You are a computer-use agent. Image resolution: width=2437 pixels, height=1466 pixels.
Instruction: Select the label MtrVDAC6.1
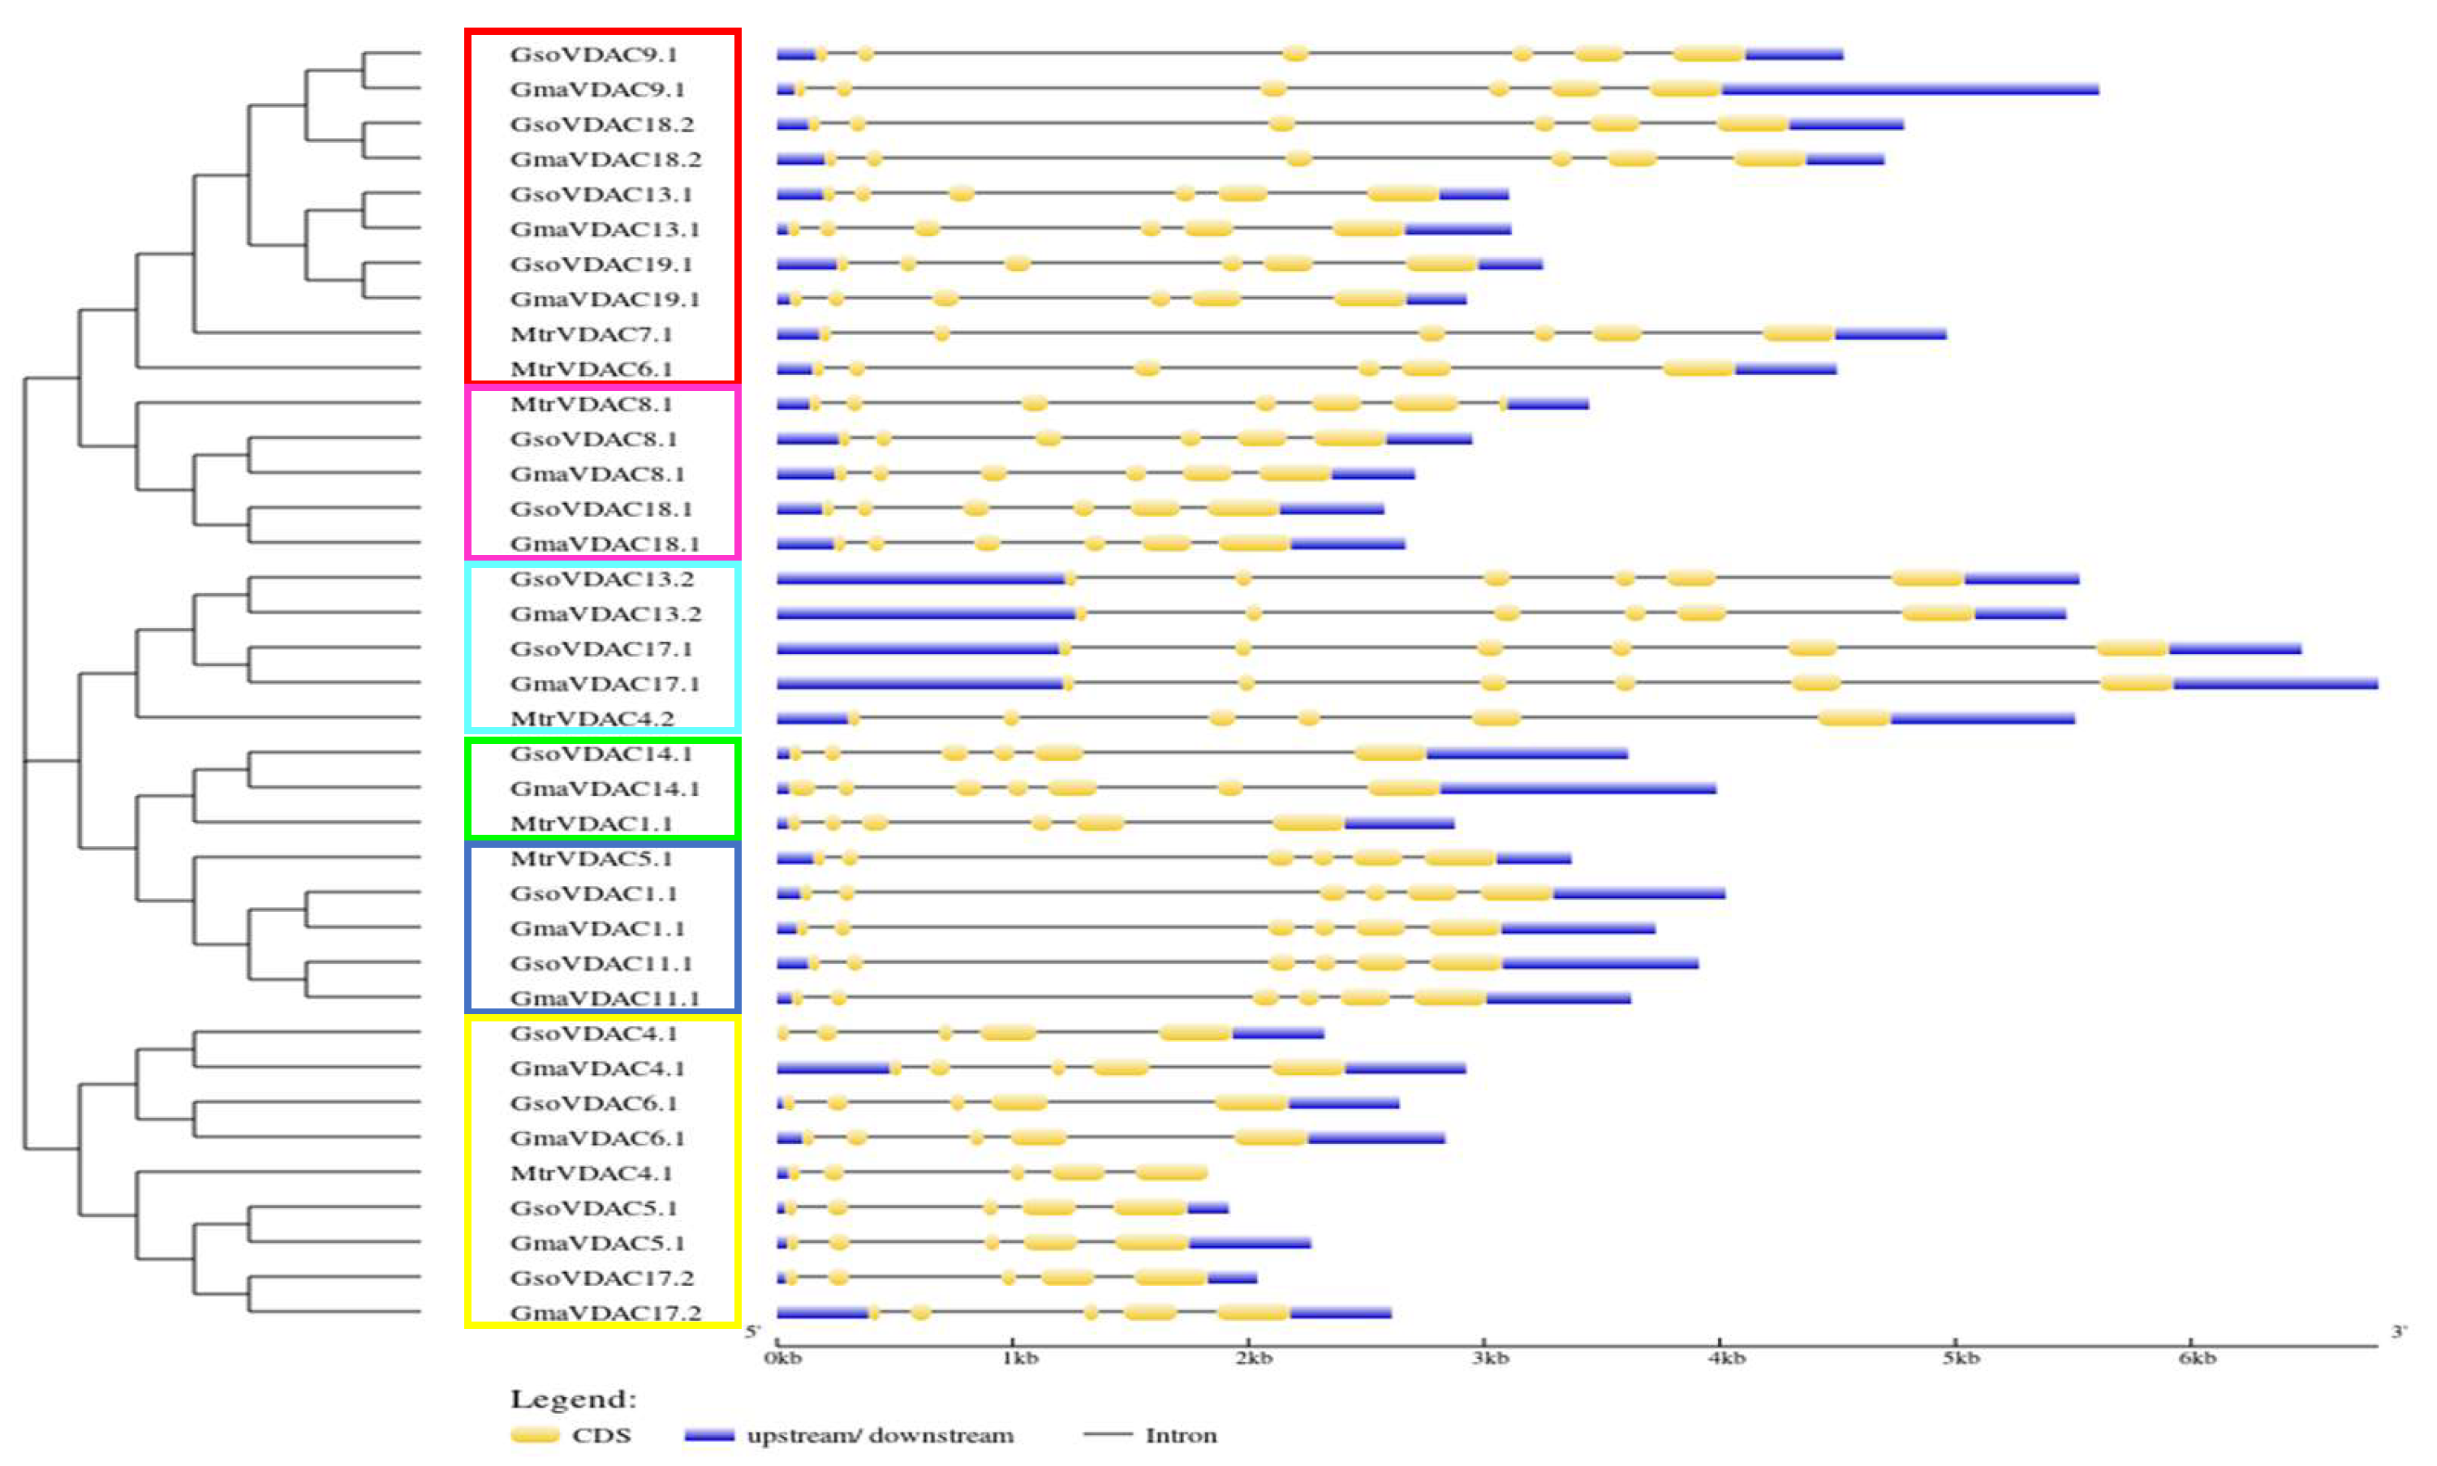coord(591,369)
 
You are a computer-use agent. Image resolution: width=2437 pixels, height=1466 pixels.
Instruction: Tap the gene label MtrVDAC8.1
coord(591,404)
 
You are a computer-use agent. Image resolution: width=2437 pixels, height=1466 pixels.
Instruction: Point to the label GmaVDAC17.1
coord(605,684)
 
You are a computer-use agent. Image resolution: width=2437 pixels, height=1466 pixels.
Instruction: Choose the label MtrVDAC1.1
coord(591,823)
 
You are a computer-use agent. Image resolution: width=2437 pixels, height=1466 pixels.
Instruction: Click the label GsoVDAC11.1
coord(601,963)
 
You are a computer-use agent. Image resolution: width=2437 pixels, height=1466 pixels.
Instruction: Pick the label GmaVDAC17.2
coord(605,1313)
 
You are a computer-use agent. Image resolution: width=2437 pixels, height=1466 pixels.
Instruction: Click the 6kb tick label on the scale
coord(2197,1359)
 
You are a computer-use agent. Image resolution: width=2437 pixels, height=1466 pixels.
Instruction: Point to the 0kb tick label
coord(783,1359)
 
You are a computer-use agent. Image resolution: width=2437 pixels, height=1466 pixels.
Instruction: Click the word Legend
coord(573,1399)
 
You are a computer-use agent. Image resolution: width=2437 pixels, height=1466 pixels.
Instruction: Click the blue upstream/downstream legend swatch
coord(709,1435)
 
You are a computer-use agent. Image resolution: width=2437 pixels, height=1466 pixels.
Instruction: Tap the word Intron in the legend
coord(1181,1435)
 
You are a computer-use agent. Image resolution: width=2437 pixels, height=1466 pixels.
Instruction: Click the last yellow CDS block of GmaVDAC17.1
coord(2136,684)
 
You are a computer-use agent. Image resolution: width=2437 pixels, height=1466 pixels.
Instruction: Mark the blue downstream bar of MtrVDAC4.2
coord(1982,718)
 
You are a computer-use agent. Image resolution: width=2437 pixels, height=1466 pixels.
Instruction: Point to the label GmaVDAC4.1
coord(596,1068)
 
